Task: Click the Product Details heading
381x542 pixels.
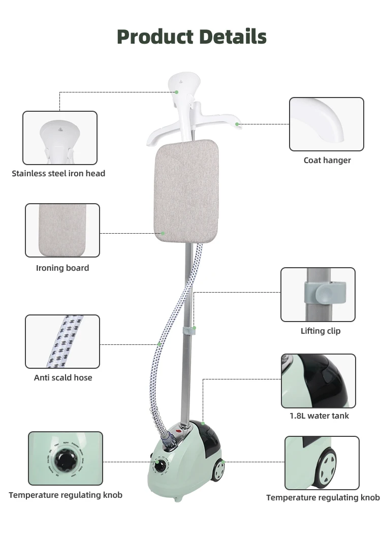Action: coord(192,37)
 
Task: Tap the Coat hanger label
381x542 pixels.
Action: coord(327,161)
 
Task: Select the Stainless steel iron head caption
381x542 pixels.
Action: coord(58,174)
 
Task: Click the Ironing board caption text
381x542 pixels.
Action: coord(62,268)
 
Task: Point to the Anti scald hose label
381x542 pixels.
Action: coord(63,378)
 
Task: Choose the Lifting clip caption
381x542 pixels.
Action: coord(321,331)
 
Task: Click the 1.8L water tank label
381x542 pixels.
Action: coord(319,416)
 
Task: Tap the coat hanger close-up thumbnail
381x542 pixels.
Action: coord(327,124)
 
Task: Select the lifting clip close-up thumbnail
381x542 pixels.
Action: coord(318,295)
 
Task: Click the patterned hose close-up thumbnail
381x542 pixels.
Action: coord(62,341)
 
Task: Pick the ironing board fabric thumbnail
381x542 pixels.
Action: coord(62,231)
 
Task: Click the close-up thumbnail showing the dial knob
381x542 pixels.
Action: coord(66,458)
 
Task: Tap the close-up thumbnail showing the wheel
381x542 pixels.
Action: coord(322,462)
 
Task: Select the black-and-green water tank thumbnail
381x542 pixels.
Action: coord(319,381)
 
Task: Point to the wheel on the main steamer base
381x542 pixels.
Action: coord(219,470)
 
